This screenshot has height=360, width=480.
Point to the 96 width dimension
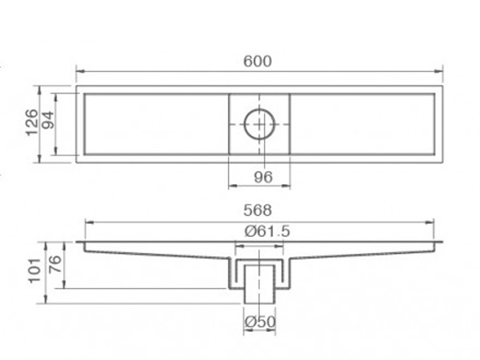coord(259,176)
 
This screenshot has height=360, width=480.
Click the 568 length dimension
coord(259,211)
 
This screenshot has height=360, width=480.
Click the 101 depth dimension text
coord(33,273)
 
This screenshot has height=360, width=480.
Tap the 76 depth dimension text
coord(54,264)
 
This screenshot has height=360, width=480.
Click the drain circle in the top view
coord(259,124)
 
